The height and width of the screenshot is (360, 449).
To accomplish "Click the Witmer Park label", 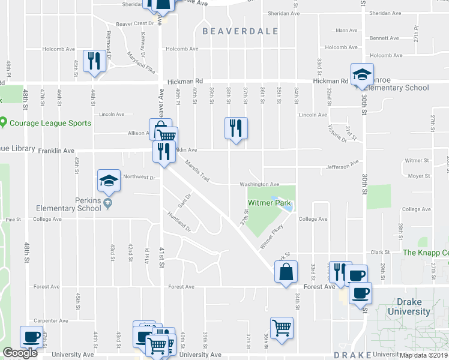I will click(x=270, y=203).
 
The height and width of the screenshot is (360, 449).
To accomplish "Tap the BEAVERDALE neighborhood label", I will click(x=240, y=31).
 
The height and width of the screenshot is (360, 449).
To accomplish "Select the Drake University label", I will click(x=409, y=307).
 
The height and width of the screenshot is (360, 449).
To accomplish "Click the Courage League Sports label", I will click(x=50, y=124).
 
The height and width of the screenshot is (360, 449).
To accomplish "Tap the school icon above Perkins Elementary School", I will click(x=109, y=180).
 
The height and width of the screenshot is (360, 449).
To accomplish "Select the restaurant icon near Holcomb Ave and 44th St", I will click(x=94, y=61).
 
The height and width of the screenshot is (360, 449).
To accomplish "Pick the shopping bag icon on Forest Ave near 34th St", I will click(x=286, y=271).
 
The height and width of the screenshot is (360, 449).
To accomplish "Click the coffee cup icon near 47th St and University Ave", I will click(x=31, y=337).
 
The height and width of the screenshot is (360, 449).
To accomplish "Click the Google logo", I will click(x=20, y=353).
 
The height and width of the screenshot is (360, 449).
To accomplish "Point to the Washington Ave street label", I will click(x=260, y=185).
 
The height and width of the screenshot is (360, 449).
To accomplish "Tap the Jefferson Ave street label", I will click(x=342, y=163).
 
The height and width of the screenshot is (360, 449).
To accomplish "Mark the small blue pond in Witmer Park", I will click(x=283, y=204).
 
